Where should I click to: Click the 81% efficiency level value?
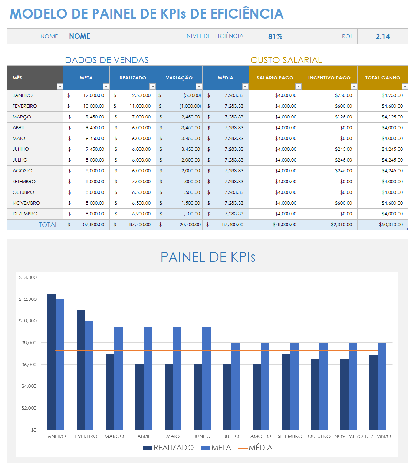275,36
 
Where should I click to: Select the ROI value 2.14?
382,36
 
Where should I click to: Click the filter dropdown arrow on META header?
106,87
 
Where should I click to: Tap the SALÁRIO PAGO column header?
275,78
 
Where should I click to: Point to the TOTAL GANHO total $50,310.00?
391,225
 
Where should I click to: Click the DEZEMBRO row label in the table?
25,214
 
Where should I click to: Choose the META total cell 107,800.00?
92,225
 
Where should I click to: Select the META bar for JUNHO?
206,378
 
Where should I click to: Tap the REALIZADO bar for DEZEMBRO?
374,392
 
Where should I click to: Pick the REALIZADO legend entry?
169,448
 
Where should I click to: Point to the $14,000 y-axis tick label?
28,277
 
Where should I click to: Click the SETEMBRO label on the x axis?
290,436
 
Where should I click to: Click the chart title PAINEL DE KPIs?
208,257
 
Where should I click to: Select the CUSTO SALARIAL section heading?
286,60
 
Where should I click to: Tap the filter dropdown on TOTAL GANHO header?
405,87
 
